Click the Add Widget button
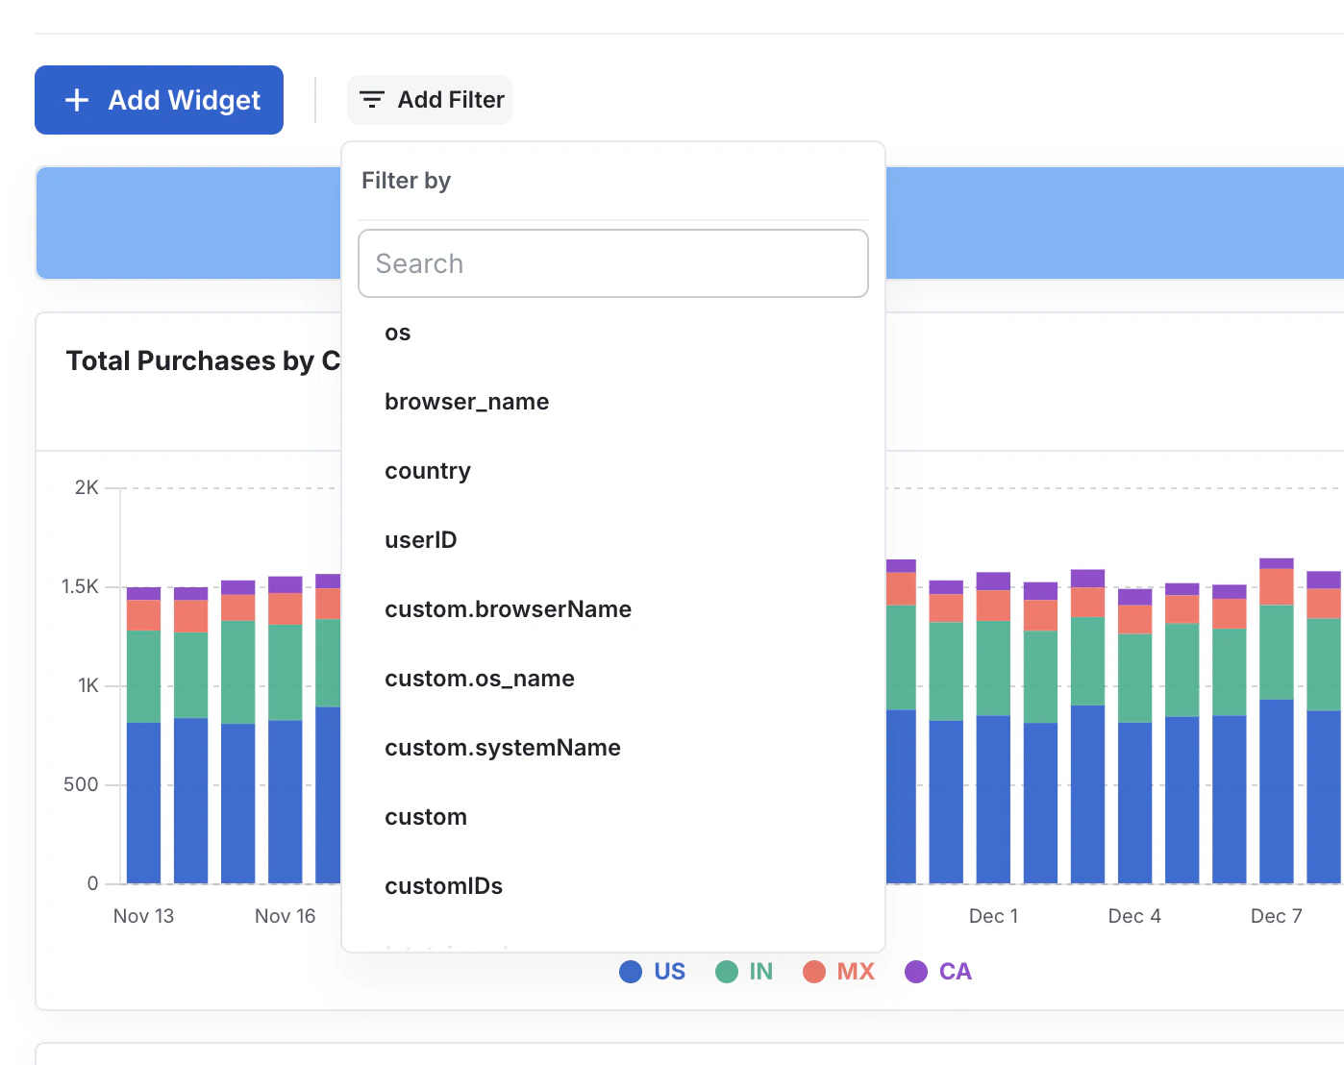[x=159, y=100]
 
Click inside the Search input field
[x=612, y=263]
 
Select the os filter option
[x=398, y=333]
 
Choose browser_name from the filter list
[x=466, y=402]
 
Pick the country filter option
[x=428, y=471]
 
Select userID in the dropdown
[x=420, y=540]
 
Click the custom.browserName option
[x=508, y=609]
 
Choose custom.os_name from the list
[x=479, y=679]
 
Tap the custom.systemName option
[x=502, y=748]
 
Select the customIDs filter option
[x=443, y=886]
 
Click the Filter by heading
[x=406, y=181]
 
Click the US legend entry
[x=653, y=972]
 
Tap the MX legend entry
[x=838, y=972]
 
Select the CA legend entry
[x=938, y=972]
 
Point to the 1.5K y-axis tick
[x=80, y=586]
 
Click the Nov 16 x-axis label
[x=285, y=916]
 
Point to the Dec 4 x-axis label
[x=1134, y=916]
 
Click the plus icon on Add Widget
[x=77, y=100]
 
